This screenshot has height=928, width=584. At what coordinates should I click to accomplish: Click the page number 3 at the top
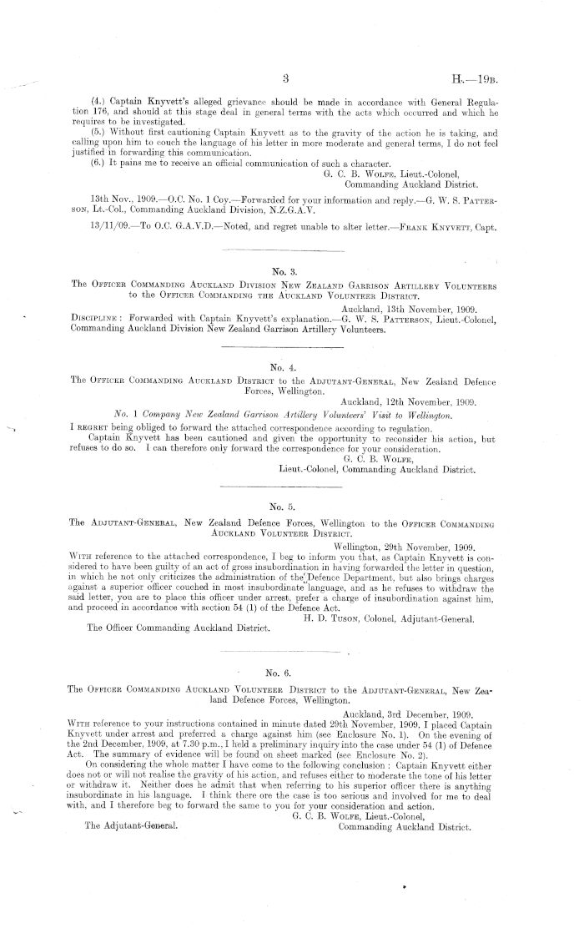(x=285, y=79)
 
